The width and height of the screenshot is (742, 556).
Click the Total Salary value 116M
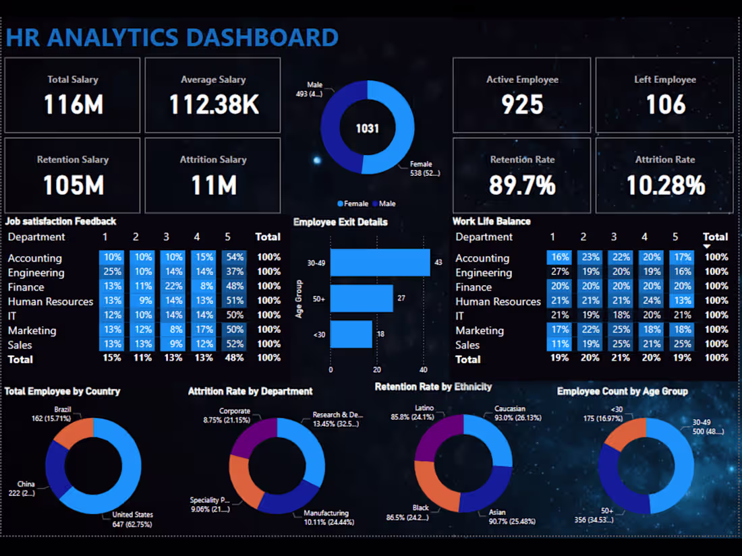73,104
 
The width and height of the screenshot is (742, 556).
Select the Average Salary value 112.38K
213,104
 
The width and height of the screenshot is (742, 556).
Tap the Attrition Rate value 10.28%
665,185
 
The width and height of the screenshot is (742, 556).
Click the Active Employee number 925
522,104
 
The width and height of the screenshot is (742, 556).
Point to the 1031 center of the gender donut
368,128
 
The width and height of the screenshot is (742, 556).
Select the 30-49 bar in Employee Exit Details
380,262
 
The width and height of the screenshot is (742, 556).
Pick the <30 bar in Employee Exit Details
351,334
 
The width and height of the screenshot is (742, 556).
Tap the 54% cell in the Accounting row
234,257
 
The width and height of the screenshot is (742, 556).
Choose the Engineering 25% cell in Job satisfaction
111,272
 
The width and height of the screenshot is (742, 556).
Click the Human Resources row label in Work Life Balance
498,301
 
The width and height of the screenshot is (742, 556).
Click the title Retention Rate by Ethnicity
433,387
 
